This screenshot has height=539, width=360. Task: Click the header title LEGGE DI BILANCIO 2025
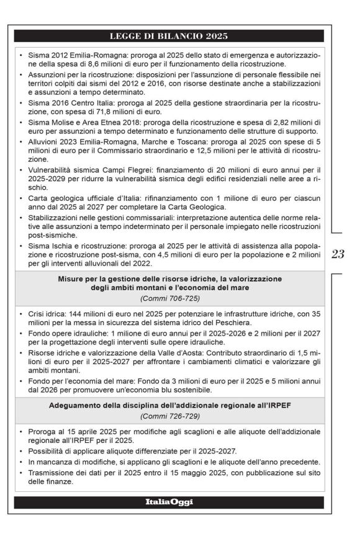(169, 35)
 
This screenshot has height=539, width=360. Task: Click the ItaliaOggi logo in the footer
(169, 502)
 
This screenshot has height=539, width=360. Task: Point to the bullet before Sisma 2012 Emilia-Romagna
(22, 55)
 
